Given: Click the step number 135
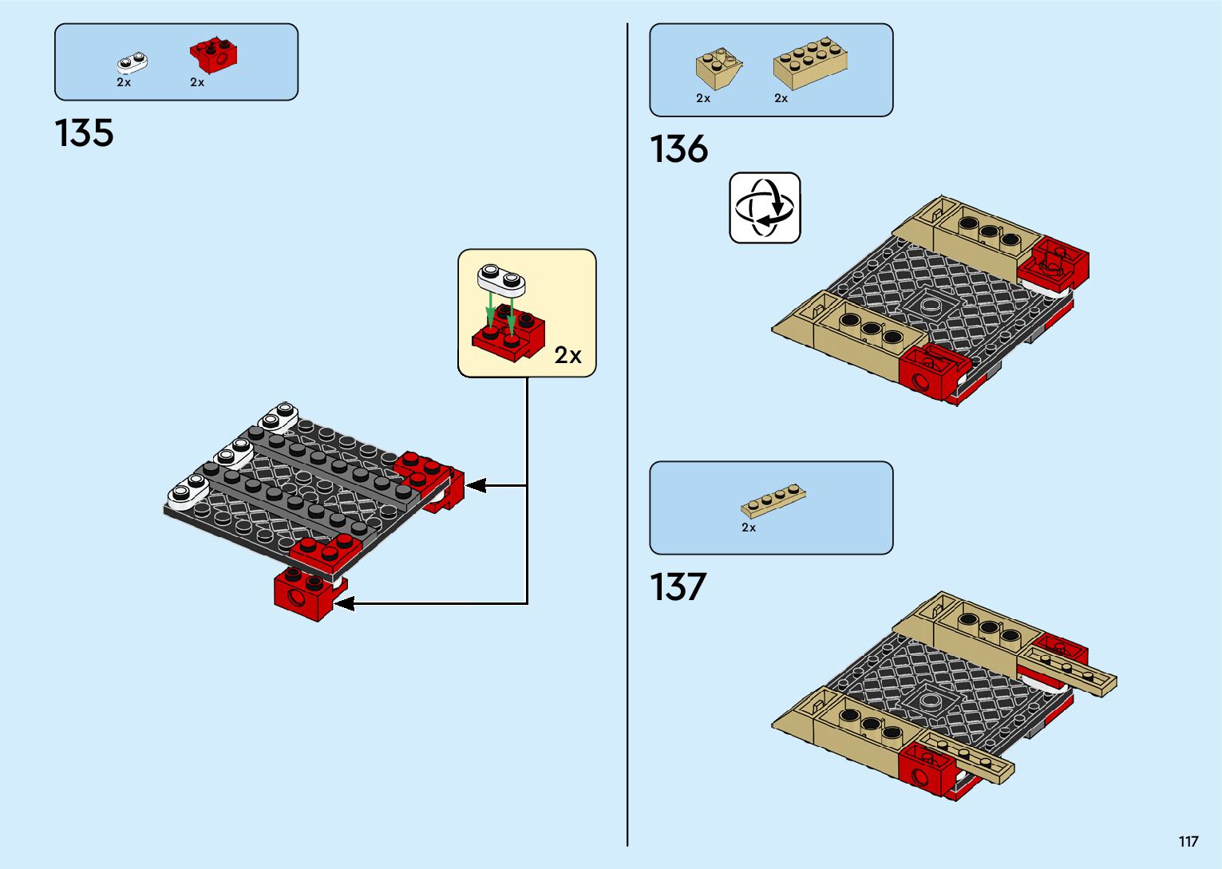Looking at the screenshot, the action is [x=84, y=132].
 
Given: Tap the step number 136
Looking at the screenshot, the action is [x=678, y=149].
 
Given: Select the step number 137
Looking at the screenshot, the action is [x=678, y=587].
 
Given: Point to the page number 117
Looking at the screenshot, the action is [x=1188, y=842].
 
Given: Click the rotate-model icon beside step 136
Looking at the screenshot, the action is [x=765, y=207].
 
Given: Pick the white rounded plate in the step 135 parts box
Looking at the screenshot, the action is [x=132, y=63].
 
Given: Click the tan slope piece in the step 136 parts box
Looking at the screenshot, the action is [x=718, y=69].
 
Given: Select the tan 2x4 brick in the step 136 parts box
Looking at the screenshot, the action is [x=811, y=63].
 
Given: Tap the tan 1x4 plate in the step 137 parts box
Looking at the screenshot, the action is [x=773, y=501].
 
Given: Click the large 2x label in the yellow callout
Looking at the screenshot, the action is [x=568, y=355].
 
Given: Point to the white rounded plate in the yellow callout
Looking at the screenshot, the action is [x=501, y=280].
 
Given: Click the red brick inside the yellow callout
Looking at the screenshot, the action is [x=508, y=334].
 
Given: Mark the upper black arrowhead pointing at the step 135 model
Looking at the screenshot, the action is [x=476, y=485].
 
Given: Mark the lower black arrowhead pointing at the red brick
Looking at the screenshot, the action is [x=344, y=604].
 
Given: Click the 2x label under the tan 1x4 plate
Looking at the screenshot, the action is [x=749, y=527].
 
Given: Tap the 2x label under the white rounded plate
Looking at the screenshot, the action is [x=124, y=82].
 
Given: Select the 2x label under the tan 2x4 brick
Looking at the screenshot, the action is [x=781, y=98].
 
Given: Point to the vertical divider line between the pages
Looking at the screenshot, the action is [x=627, y=434].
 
